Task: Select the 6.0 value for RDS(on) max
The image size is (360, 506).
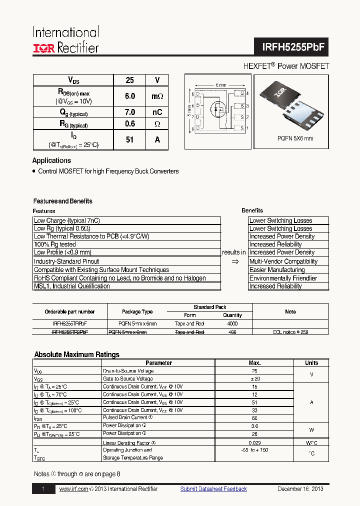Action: [x=130, y=96]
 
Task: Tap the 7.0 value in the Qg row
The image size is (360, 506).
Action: [x=130, y=112]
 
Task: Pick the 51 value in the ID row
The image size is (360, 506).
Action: [x=130, y=140]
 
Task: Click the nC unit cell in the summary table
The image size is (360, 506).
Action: [x=157, y=112]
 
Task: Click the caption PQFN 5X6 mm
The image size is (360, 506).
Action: [x=295, y=138]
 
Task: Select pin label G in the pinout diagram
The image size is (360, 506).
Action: [x=242, y=93]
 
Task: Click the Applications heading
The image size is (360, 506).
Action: [x=51, y=160]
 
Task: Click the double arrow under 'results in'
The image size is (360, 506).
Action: [x=234, y=261]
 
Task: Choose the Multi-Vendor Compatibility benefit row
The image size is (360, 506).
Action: [x=283, y=261]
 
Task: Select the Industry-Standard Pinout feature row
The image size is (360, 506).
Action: [x=66, y=261]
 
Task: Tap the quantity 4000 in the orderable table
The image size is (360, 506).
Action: [x=232, y=323]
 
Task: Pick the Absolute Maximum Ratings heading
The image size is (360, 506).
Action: [x=76, y=354]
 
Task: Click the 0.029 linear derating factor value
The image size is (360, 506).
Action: [x=254, y=443]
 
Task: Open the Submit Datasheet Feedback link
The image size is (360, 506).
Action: [x=213, y=489]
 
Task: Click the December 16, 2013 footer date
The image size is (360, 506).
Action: [x=300, y=489]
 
